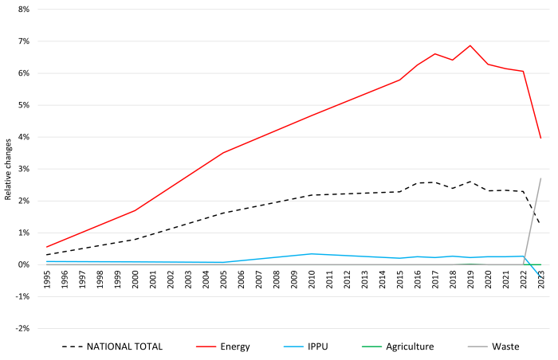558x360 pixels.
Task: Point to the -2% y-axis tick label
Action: pyautogui.click(x=21, y=328)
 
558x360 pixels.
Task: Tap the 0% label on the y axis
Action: pyautogui.click(x=22, y=264)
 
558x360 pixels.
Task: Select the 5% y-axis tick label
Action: pyautogui.click(x=22, y=105)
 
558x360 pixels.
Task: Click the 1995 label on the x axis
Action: pyautogui.click(x=47, y=279)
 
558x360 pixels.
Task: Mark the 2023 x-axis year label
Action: pyautogui.click(x=540, y=279)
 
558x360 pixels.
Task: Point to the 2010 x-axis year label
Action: pyautogui.click(x=312, y=279)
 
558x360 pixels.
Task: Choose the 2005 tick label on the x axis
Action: pyautogui.click(x=223, y=279)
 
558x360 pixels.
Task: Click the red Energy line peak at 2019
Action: pyautogui.click(x=470, y=45)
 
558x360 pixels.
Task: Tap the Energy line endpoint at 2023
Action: pyautogui.click(x=540, y=139)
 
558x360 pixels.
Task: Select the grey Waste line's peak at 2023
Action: pyautogui.click(x=540, y=178)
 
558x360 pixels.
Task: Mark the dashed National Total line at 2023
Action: pyautogui.click(x=540, y=222)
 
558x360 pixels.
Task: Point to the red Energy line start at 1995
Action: pyautogui.click(x=47, y=247)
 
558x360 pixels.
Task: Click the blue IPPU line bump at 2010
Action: pyautogui.click(x=312, y=253)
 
